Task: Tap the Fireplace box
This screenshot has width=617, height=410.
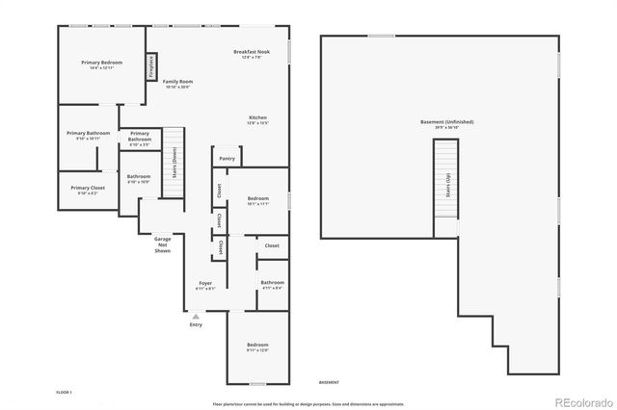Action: point(151,67)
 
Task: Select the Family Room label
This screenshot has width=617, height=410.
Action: point(176,84)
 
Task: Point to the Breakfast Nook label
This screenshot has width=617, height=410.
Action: point(252,54)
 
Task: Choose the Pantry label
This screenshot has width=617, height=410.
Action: point(227,158)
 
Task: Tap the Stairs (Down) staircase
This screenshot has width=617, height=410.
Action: point(173,162)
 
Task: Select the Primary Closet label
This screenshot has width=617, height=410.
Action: point(88,190)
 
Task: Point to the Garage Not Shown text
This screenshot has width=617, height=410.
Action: point(162,245)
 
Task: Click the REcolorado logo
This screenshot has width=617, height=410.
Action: point(583,401)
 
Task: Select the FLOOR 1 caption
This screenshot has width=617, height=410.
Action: point(65,393)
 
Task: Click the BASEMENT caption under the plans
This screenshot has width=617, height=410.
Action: point(329,382)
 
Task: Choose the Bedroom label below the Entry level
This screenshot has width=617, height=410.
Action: point(256,346)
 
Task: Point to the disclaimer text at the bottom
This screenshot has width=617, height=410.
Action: point(308,403)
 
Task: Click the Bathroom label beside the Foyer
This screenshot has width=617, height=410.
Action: point(272,284)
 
